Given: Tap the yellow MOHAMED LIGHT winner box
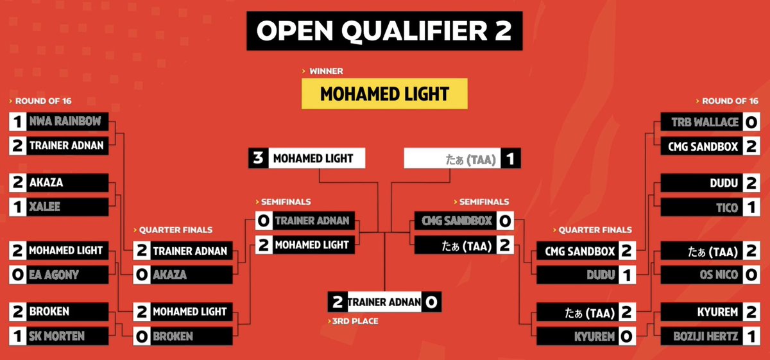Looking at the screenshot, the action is coord(384,94).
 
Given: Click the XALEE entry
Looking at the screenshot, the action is coord(64,207).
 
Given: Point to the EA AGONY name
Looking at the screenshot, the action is coord(64,275).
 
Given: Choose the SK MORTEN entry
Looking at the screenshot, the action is coord(64,336).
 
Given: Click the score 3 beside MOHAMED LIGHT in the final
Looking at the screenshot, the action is coord(258,159).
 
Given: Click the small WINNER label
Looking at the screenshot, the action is coord(325,71).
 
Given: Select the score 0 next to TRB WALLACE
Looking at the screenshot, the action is coord(749,122).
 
